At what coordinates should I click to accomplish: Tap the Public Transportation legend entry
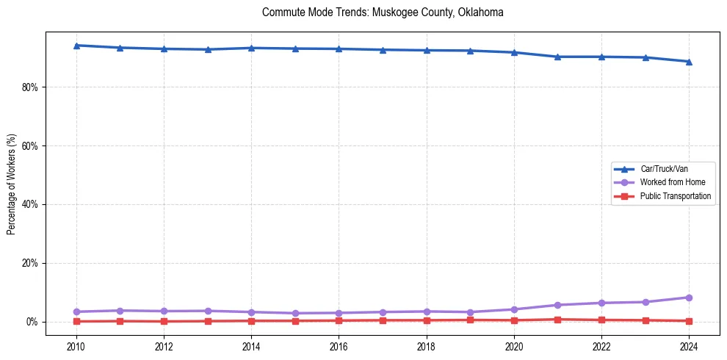click(x=675, y=196)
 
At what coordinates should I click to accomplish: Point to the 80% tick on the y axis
click(x=30, y=87)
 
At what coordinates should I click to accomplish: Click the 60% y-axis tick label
click(x=30, y=145)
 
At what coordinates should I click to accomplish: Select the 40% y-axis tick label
click(x=30, y=204)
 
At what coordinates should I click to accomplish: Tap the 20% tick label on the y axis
click(x=30, y=263)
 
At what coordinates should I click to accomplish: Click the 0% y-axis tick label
click(x=32, y=322)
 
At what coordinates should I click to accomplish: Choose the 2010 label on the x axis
click(x=76, y=345)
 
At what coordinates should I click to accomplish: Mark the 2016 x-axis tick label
click(x=339, y=345)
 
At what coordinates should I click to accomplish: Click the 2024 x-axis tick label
click(x=689, y=345)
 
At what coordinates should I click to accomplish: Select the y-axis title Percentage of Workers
click(x=12, y=184)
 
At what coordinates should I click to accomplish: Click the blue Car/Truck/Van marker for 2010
click(x=76, y=46)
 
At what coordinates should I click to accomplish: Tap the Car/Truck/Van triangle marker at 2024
click(x=689, y=62)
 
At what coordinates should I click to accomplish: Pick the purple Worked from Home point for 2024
click(x=689, y=298)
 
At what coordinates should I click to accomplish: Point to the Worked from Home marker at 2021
click(x=557, y=305)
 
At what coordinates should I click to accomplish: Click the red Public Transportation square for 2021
click(x=557, y=320)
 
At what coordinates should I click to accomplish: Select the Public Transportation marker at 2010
click(x=76, y=321)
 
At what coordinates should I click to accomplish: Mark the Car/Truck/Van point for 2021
click(x=557, y=57)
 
